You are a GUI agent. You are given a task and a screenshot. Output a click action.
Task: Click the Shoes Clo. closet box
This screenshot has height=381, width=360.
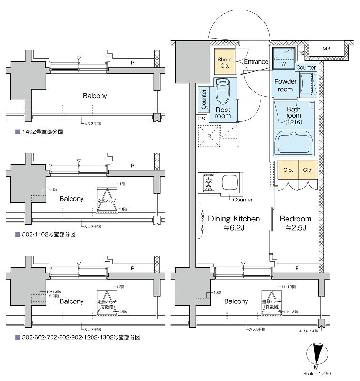tap(225, 62)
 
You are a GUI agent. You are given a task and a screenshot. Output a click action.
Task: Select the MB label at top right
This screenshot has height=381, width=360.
tap(326, 49)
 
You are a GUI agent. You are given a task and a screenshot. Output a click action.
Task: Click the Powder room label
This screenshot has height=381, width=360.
tap(285, 85)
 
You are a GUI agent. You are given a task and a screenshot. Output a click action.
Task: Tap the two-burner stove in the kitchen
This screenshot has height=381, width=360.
tap(208, 183)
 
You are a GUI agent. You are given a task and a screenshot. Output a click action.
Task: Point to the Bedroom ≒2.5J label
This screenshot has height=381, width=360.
tap(295, 223)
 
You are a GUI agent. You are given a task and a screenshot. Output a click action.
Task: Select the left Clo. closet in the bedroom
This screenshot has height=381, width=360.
tap(288, 170)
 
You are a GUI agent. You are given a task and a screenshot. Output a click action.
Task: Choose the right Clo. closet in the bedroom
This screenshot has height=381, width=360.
tap(308, 170)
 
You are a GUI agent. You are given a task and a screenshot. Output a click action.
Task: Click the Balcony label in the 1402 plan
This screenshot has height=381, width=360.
tap(95, 96)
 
